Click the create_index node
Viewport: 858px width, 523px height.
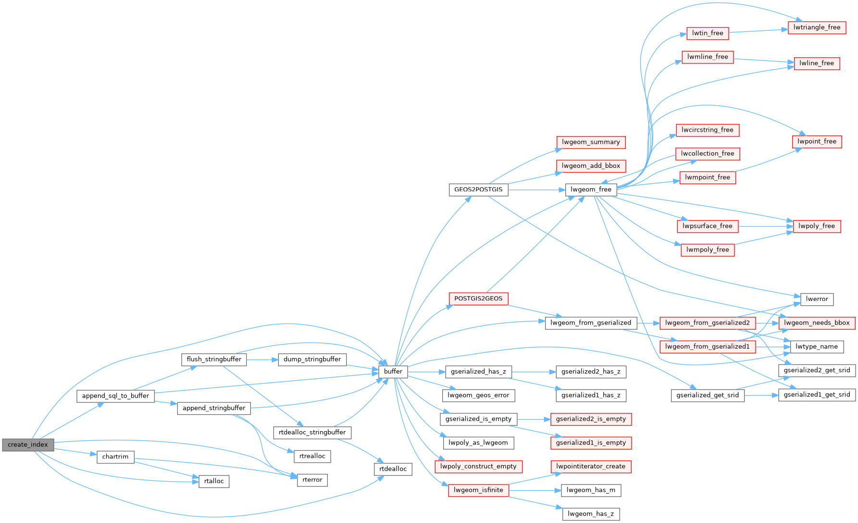click(x=28, y=445)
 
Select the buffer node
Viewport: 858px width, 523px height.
click(x=393, y=372)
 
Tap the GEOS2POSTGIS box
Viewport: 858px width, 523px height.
click(x=478, y=189)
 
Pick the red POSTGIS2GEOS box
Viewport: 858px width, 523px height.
click(x=478, y=299)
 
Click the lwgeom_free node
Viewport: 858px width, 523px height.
click(x=591, y=189)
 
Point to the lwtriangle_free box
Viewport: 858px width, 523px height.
click(x=817, y=27)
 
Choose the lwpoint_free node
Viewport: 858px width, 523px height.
click(x=817, y=141)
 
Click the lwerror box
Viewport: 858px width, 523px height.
click(x=817, y=299)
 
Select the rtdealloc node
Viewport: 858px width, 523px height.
click(x=393, y=469)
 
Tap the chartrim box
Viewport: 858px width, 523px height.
click(x=115, y=457)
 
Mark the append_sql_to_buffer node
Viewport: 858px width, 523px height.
click(x=115, y=396)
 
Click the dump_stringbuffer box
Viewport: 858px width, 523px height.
click(x=312, y=360)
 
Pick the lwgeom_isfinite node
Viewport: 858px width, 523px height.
click(x=478, y=490)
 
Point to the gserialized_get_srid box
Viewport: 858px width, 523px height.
click(x=708, y=395)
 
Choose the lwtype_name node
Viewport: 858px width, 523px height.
click(x=816, y=347)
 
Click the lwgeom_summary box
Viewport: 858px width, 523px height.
click(x=591, y=142)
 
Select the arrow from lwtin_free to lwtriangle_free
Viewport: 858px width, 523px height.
click(x=758, y=31)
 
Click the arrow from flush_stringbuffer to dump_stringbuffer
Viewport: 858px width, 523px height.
click(x=262, y=360)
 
